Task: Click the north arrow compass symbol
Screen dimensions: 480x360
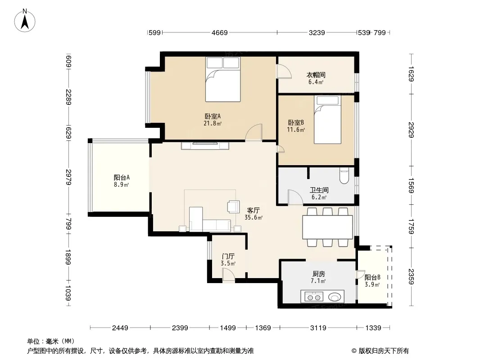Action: (x=25, y=21)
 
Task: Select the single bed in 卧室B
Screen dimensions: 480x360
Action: (x=327, y=119)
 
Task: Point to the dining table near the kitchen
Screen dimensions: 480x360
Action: (x=327, y=227)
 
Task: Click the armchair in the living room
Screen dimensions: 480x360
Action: (x=233, y=207)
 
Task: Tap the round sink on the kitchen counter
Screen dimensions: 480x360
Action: (x=334, y=297)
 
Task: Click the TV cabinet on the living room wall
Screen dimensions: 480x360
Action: (x=205, y=146)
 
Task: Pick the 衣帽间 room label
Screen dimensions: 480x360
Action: (x=316, y=75)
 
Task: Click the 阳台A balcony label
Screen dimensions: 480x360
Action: (x=122, y=177)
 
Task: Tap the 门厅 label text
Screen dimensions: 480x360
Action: (x=228, y=256)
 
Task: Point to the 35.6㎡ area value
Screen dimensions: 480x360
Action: (x=254, y=218)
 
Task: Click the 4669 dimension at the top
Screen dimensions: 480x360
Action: (x=219, y=32)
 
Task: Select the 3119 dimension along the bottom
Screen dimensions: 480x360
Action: (x=318, y=328)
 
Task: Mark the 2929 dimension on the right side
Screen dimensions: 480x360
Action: (x=411, y=130)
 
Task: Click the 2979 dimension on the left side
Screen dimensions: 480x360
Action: (x=68, y=177)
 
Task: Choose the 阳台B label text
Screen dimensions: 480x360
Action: (x=372, y=277)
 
